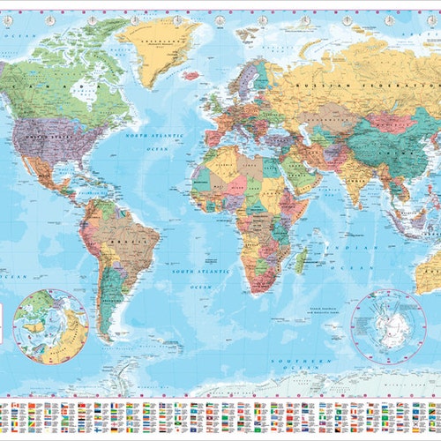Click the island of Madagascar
[x=301, y=259]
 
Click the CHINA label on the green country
[x=370, y=141]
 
